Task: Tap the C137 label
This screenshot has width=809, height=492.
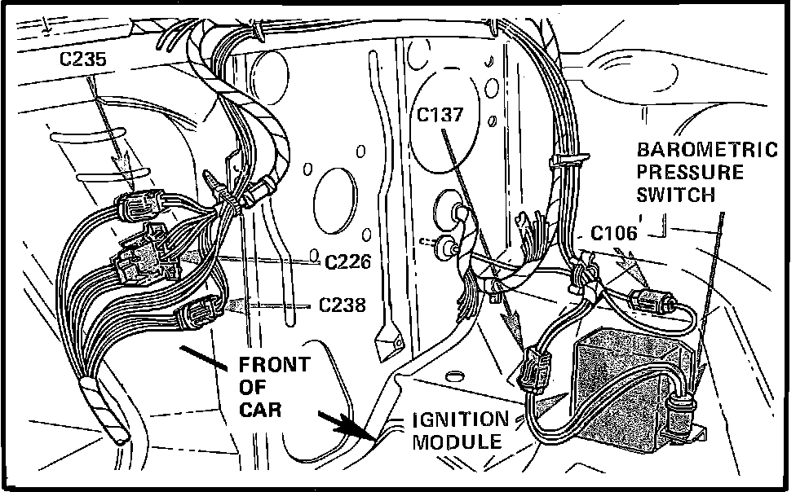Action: coord(440,115)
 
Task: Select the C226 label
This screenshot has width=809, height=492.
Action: coord(348,262)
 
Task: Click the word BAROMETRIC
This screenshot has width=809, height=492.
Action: coord(706,151)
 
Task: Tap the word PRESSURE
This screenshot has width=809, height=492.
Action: coord(690,173)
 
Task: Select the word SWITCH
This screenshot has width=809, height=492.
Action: coord(676,195)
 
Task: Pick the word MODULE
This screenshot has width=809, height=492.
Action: coord(455,442)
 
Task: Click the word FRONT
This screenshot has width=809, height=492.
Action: coord(273,365)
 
